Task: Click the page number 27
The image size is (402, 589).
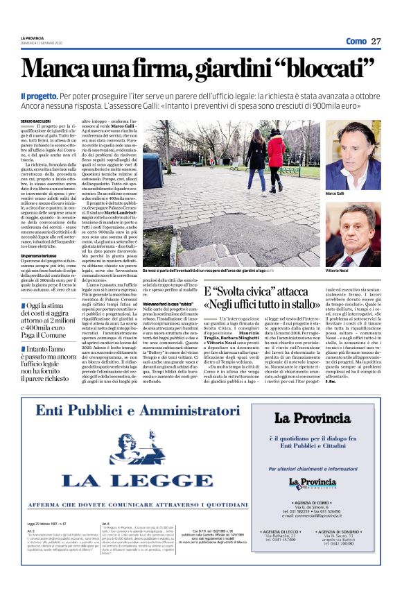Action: pyautogui.click(x=376, y=41)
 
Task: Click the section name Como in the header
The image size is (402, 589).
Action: pyautogui.click(x=356, y=41)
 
